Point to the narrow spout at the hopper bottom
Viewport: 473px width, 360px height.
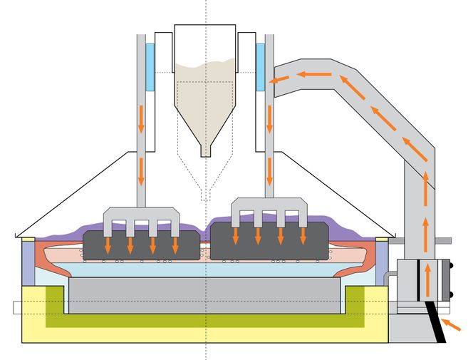(x=206, y=149)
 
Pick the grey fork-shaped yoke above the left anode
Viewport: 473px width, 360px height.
(x=140, y=217)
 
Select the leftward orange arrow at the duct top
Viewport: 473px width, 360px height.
(x=314, y=73)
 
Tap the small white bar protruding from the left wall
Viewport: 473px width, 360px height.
(x=17, y=308)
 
